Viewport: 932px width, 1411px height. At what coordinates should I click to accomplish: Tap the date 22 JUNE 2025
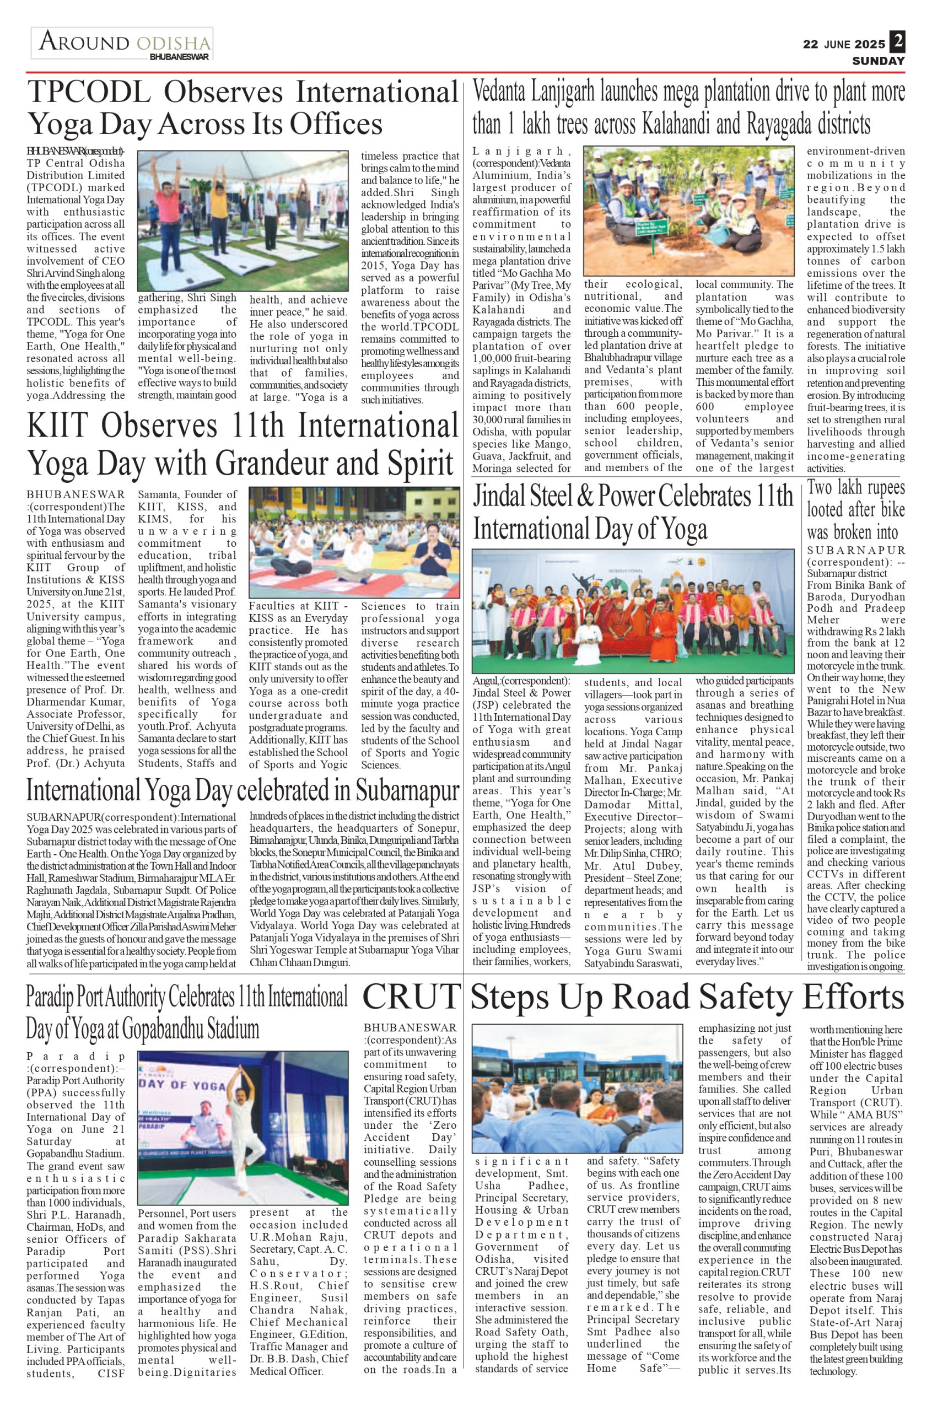pos(843,44)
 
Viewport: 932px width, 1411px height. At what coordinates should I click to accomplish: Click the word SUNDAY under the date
pos(879,61)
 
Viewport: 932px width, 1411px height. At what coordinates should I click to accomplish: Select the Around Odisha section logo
pos(123,44)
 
